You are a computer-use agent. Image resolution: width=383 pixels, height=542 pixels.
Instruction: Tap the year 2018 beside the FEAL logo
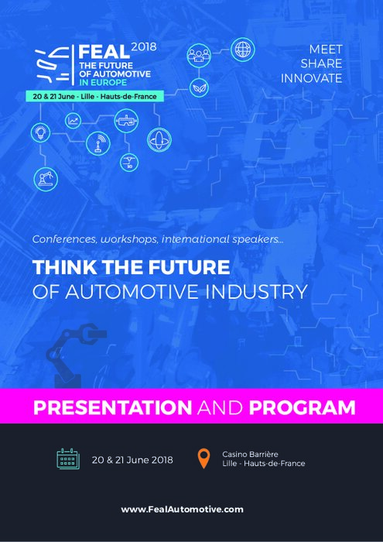144,46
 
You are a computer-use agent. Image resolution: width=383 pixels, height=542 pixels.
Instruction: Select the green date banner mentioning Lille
94,97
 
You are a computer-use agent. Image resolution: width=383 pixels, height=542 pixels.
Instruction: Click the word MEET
325,50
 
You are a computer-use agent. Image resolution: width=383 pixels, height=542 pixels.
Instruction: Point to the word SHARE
322,63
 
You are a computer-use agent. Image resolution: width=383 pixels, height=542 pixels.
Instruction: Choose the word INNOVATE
312,78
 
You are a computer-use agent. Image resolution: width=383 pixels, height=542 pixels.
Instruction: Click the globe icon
242,50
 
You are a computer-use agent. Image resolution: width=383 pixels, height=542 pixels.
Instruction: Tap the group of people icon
199,55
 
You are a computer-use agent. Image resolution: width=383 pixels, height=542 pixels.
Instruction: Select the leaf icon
200,87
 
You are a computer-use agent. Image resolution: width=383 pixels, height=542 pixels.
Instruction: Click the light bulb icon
40,132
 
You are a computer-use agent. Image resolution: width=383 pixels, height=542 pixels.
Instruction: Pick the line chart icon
74,121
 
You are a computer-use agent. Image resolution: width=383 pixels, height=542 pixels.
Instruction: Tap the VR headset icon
126,121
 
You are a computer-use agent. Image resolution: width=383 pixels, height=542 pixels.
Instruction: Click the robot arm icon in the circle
46,179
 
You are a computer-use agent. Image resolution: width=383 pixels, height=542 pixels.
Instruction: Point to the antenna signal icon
98,143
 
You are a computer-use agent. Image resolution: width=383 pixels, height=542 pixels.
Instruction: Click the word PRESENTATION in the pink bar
113,407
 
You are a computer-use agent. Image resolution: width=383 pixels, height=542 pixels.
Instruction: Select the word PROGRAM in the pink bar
302,407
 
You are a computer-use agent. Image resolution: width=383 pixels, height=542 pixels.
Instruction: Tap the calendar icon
68,458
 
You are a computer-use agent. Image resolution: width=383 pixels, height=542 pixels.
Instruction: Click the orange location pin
203,458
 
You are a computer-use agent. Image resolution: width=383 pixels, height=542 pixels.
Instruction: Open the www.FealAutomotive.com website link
182,509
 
